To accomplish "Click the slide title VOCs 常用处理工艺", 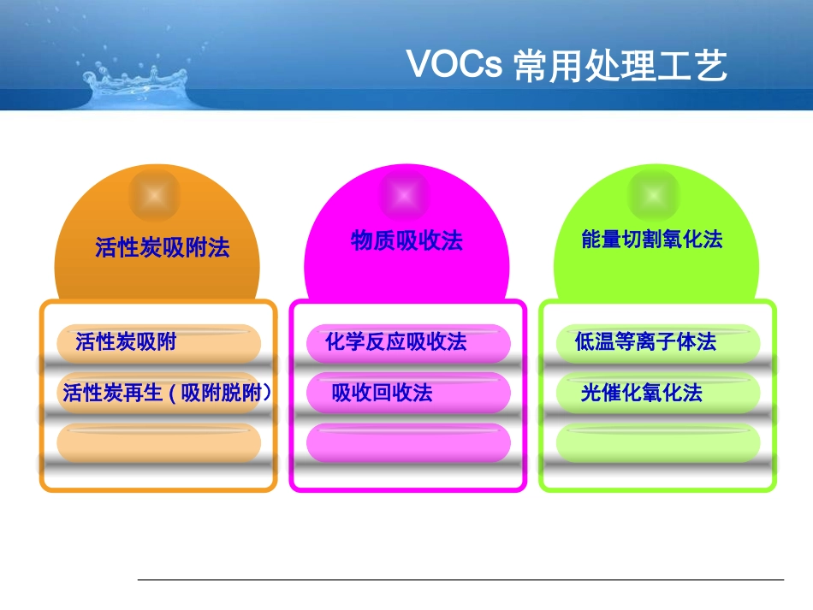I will [x=566, y=65].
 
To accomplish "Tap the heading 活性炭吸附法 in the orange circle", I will [x=163, y=249].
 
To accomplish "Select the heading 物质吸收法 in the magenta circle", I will [x=406, y=241].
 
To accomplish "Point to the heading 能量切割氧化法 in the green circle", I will [x=651, y=240].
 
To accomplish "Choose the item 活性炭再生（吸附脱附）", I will [x=166, y=393].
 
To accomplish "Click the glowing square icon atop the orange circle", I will [x=155, y=196].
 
